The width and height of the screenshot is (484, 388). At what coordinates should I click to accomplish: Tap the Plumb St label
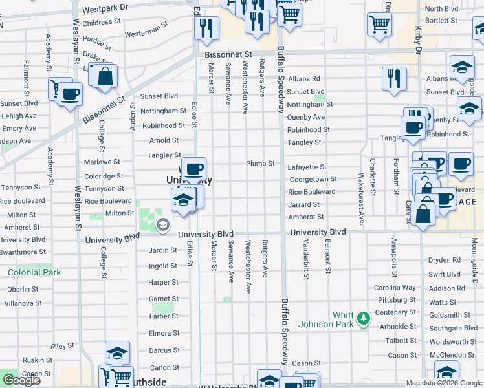pos(261,164)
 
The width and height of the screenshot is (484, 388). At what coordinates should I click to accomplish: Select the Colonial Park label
pos(34,272)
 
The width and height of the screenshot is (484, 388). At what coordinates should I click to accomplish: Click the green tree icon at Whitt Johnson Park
pos(364,318)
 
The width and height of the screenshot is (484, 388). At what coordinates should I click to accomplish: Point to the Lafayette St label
pos(307,167)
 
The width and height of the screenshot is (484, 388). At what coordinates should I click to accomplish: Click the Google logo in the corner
pos(21,380)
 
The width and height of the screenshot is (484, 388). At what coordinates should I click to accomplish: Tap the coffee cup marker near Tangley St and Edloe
pos(193,169)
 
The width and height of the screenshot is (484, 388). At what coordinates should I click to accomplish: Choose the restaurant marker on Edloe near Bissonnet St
pos(206,28)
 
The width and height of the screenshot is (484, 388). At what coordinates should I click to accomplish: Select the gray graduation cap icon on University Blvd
pos(162,225)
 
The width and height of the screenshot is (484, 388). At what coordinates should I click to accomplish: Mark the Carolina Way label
pos(395,288)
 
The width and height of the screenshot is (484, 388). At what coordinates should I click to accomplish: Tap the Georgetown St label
pos(313,179)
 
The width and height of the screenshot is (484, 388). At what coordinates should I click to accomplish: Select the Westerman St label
pos(146,31)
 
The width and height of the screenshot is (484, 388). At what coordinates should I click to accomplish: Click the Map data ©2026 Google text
pos(443,383)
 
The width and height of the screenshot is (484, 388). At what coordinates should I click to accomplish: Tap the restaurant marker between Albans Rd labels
pos(394,78)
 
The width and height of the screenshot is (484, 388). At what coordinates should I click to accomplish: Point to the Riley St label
pos(63,347)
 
